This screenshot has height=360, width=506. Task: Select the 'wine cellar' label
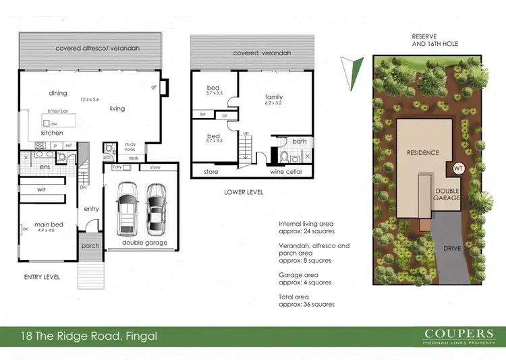pos(287,172)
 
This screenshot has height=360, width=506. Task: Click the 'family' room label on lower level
pos(273,97)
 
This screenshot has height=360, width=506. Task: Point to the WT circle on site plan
pos(458,168)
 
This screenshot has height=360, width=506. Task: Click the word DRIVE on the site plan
pos(452,248)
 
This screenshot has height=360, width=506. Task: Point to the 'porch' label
pos(90,246)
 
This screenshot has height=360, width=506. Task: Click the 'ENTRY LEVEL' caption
pos(42,277)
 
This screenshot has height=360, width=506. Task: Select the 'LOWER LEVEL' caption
pos(244,192)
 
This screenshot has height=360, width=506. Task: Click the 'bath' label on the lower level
pos(299,142)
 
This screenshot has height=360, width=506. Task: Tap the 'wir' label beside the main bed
pos(40,190)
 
